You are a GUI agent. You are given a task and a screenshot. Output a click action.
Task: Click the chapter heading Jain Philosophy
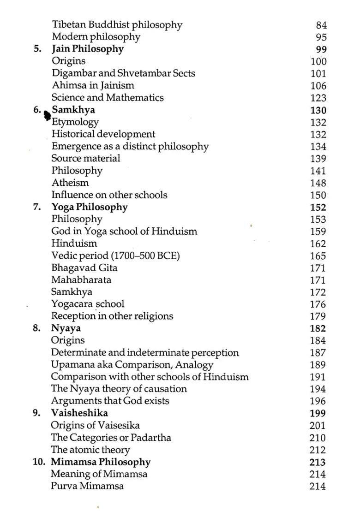(x=87, y=49)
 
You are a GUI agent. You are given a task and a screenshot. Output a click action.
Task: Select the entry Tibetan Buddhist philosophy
(x=117, y=25)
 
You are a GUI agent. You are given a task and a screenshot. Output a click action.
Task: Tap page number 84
(x=321, y=25)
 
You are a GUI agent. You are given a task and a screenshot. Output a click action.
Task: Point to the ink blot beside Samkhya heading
(x=47, y=115)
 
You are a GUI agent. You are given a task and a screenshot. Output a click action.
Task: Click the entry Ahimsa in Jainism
(x=93, y=85)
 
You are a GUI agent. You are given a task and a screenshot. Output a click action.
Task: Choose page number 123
(x=318, y=98)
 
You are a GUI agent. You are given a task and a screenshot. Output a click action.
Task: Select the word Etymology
(x=75, y=122)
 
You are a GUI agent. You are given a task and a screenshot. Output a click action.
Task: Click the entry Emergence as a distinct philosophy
(x=130, y=146)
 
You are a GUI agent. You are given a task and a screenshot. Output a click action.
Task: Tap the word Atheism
(x=70, y=183)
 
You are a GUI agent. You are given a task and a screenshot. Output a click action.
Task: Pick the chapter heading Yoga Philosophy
(x=89, y=207)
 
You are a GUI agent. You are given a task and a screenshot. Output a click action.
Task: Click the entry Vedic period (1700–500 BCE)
(x=115, y=255)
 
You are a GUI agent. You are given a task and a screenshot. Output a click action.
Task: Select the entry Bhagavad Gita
(x=84, y=267)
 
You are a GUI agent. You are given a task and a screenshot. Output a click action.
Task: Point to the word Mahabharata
(x=81, y=280)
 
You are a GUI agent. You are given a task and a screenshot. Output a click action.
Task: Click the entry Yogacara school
(x=88, y=304)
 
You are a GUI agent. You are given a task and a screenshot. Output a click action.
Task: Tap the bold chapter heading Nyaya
(x=66, y=328)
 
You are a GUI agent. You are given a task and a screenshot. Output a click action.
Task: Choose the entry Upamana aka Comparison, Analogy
(x=132, y=365)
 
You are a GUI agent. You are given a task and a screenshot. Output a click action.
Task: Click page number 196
(x=318, y=401)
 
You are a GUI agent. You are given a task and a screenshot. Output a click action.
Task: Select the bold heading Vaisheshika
(x=79, y=413)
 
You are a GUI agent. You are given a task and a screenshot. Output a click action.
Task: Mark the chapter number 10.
(x=39, y=462)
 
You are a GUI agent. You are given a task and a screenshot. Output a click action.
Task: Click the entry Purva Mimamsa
(x=87, y=486)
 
